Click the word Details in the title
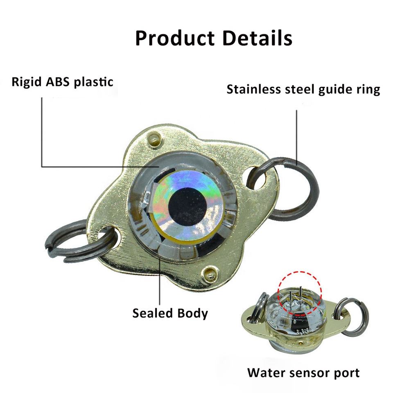click(x=257, y=38)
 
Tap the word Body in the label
click(x=192, y=314)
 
